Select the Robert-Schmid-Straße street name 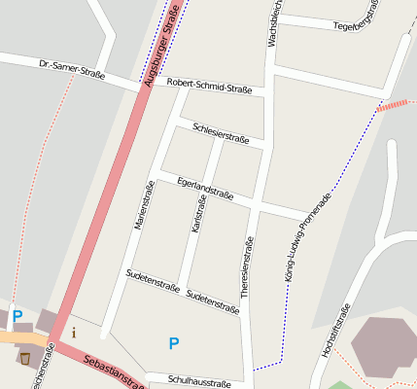(209, 86)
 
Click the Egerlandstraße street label (206, 187)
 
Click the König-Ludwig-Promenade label (308, 236)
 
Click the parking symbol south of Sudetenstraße (174, 342)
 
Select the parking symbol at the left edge (17, 316)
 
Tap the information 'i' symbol (75, 333)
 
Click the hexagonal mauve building (383, 344)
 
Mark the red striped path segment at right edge (397, 103)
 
